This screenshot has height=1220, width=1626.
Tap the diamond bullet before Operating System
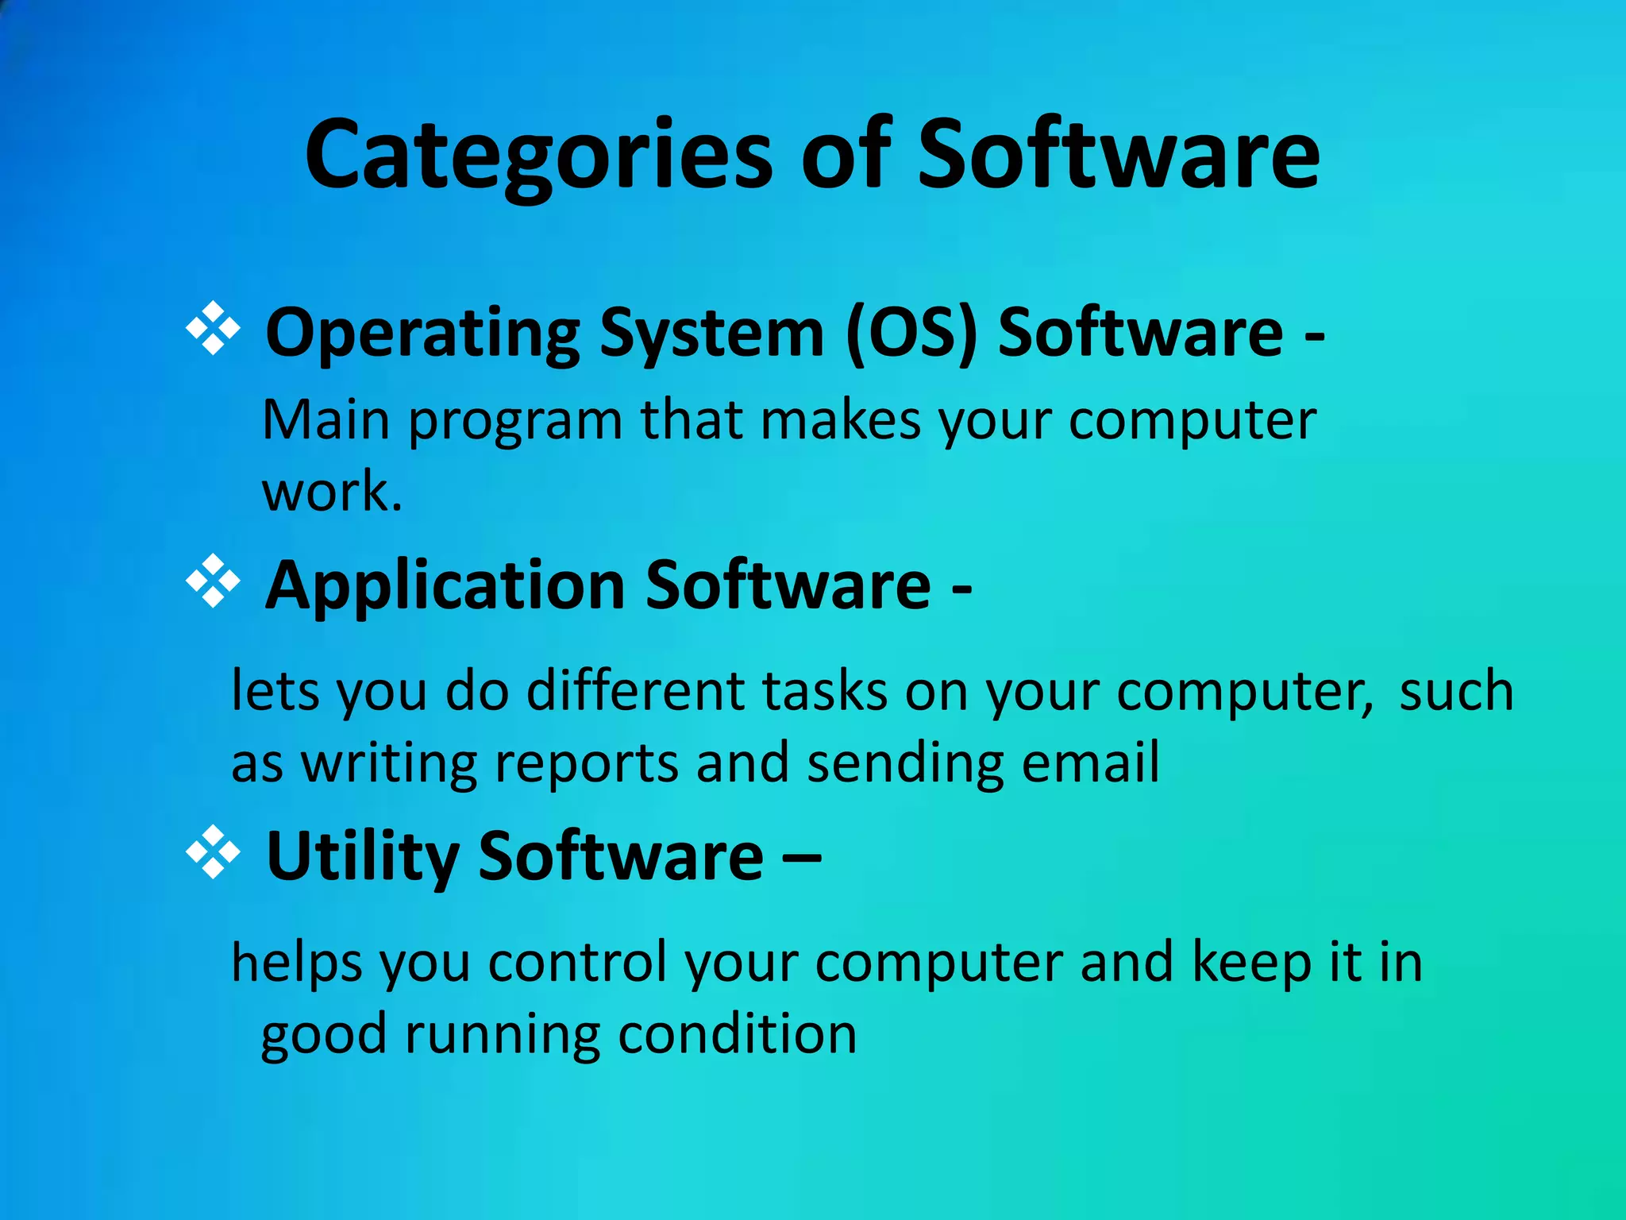(x=213, y=328)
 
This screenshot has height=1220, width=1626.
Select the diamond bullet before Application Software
(x=213, y=582)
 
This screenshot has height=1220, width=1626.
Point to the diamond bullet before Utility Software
(x=213, y=853)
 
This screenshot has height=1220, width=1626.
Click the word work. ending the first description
(x=332, y=492)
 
